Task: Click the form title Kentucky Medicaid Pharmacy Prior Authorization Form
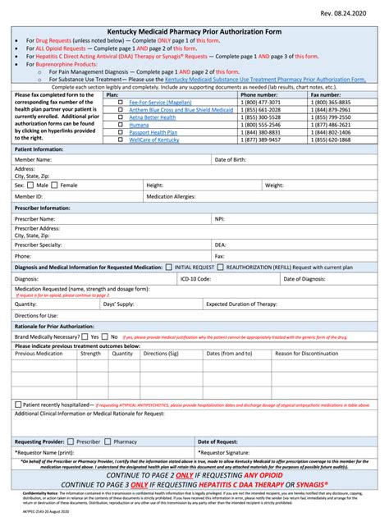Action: (x=194, y=29)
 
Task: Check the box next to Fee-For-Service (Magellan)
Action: (x=120, y=102)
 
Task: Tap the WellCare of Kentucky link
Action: (x=154, y=140)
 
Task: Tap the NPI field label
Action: (x=220, y=219)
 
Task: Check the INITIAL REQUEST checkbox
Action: (x=169, y=267)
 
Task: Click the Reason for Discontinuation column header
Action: (x=306, y=354)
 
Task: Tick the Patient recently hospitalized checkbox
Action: (x=19, y=405)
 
